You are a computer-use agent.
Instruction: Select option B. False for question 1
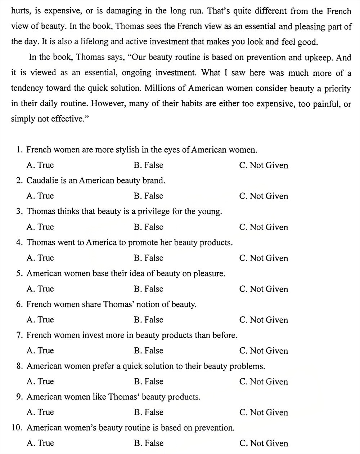[148, 165]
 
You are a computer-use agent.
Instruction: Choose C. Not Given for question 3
[264, 227]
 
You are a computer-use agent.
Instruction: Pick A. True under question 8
[40, 382]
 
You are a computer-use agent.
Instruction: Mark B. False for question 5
[148, 289]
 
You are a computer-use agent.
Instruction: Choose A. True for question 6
[40, 320]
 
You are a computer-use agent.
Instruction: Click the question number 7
[19, 335]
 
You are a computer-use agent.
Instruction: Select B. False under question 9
[148, 413]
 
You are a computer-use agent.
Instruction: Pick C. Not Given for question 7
[264, 351]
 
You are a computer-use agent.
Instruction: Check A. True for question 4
[40, 258]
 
